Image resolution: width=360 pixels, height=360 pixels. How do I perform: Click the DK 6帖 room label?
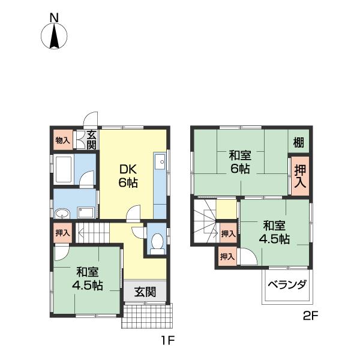(128, 175)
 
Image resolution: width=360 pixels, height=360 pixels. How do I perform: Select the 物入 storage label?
(62, 140)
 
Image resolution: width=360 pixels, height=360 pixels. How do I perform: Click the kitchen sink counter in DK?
(160, 180)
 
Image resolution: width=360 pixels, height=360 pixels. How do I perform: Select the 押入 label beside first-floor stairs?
(62, 232)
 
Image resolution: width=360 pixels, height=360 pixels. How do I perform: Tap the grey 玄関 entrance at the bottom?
(145, 292)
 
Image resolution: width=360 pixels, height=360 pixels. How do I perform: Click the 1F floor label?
(166, 342)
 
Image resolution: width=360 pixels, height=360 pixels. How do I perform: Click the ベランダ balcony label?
(287, 284)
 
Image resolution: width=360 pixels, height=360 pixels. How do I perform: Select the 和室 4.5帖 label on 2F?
(274, 232)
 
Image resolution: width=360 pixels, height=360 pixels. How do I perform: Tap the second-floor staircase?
(205, 221)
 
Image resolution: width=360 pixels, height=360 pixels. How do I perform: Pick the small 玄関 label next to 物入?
(91, 140)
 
